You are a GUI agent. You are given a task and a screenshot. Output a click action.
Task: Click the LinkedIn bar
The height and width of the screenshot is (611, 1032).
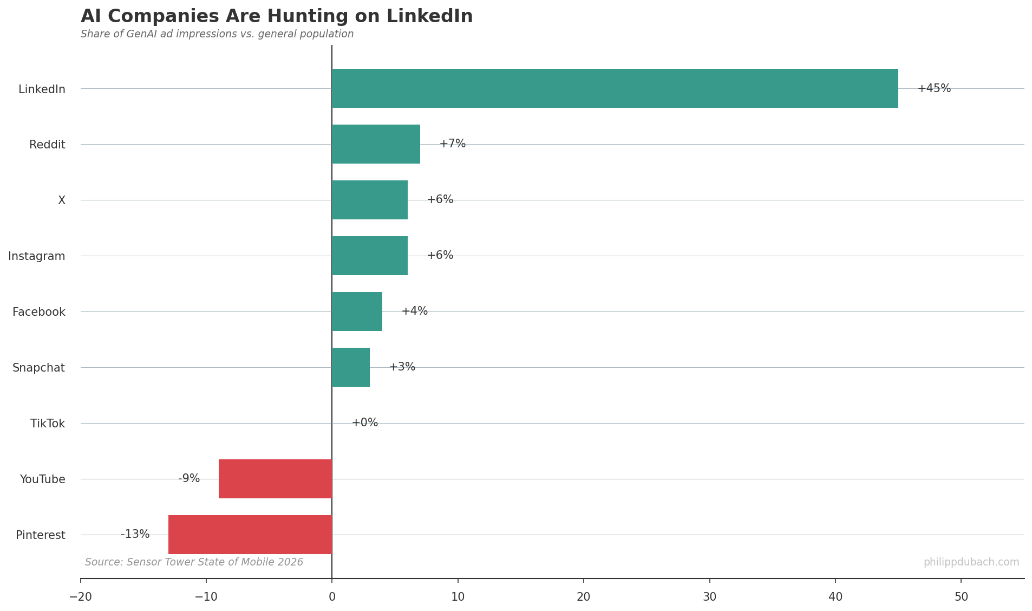tap(615, 88)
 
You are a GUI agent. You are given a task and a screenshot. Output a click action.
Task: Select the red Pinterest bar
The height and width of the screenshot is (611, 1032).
tap(250, 535)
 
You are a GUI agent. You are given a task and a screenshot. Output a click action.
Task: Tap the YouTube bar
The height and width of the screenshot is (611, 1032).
tap(275, 479)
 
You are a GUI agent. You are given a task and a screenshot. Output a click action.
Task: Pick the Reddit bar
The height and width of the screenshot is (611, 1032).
tap(376, 144)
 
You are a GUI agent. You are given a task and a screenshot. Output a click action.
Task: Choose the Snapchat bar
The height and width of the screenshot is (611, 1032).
tap(351, 367)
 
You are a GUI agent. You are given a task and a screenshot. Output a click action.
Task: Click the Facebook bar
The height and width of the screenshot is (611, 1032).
tap(357, 311)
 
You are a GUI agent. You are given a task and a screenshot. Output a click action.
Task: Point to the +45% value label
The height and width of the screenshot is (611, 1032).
tap(934, 88)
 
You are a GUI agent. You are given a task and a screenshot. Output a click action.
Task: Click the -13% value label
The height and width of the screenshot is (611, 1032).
tap(135, 535)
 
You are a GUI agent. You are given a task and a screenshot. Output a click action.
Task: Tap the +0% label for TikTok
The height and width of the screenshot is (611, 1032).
tap(364, 423)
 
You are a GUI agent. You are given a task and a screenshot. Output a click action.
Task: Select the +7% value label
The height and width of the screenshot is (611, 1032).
tap(452, 144)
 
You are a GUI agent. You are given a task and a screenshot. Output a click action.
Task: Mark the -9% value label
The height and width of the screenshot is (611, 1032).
tap(189, 479)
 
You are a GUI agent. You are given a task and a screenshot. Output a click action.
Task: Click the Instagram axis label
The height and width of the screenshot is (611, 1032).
tap(37, 256)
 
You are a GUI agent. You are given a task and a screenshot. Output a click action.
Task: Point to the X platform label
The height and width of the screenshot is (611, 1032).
tap(62, 200)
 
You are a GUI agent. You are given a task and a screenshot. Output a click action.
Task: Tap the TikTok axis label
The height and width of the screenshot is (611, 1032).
tap(48, 424)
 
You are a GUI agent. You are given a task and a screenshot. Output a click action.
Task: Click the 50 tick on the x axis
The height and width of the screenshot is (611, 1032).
tap(961, 597)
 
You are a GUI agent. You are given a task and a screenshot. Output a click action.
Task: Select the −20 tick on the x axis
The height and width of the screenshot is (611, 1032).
tap(81, 597)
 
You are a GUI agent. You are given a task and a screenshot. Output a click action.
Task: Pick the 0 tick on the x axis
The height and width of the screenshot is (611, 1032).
tap(332, 597)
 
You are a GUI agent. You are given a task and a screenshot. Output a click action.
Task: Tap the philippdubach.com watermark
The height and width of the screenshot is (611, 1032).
tap(971, 562)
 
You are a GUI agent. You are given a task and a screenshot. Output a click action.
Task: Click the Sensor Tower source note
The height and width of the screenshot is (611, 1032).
tap(194, 562)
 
